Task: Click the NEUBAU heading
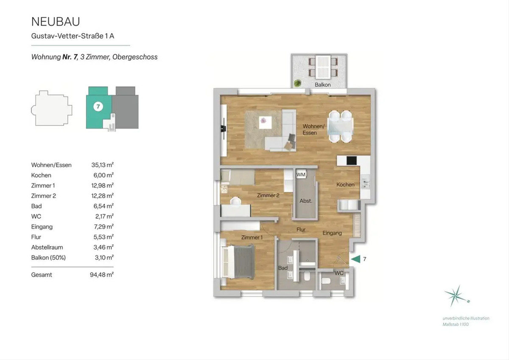tap(56, 22)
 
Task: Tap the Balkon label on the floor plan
tap(322, 84)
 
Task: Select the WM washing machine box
tap(301, 174)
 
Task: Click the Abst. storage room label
tap(306, 201)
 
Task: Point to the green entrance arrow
tap(356, 259)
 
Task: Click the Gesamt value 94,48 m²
tap(101, 275)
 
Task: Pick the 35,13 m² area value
tap(103, 165)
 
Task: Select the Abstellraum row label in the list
tap(47, 247)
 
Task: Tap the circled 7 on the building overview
tap(98, 107)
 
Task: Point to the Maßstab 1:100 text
tap(456, 324)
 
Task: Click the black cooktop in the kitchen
tap(351, 160)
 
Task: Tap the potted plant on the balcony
tap(297, 83)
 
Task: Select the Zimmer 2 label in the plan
tap(268, 195)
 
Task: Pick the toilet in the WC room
tap(325, 281)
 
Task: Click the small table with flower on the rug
tap(265, 122)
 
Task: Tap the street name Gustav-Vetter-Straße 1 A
tap(73, 36)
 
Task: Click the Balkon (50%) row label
tap(48, 258)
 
